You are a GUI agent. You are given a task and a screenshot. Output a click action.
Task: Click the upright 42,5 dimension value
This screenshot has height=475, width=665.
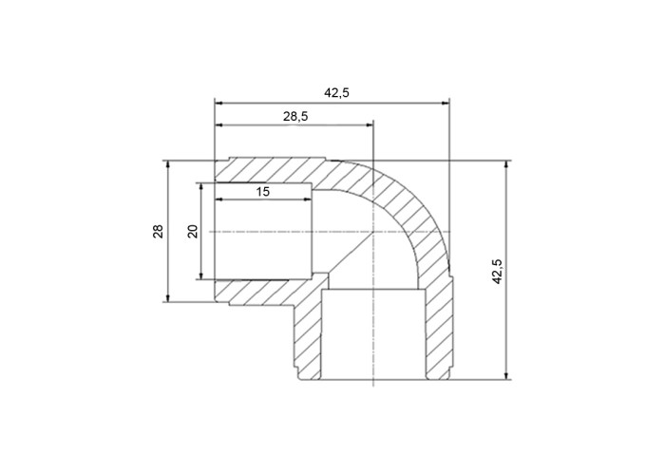pyautogui.click(x=336, y=93)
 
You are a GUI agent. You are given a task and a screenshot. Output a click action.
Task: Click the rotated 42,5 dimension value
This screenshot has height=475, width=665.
pyautogui.click(x=498, y=271)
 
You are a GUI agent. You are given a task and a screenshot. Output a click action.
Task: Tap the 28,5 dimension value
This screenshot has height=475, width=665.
pyautogui.click(x=295, y=116)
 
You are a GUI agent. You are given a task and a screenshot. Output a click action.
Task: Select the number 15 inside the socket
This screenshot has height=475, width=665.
pyautogui.click(x=263, y=192)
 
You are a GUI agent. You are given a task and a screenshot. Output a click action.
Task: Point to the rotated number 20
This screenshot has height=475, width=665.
pyautogui.click(x=193, y=231)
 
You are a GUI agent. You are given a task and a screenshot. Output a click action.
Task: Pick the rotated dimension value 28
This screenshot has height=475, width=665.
pyautogui.click(x=159, y=231)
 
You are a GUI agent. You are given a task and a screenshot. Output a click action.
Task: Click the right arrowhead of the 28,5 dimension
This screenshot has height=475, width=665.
pyautogui.click(x=370, y=125)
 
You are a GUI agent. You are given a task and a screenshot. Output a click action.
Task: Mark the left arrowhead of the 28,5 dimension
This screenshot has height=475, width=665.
pyautogui.click(x=218, y=125)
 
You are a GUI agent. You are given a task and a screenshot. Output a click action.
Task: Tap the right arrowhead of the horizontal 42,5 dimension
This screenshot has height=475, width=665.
pyautogui.click(x=446, y=103)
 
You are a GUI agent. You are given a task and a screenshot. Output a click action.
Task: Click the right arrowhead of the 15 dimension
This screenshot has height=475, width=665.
pyautogui.click(x=309, y=199)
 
